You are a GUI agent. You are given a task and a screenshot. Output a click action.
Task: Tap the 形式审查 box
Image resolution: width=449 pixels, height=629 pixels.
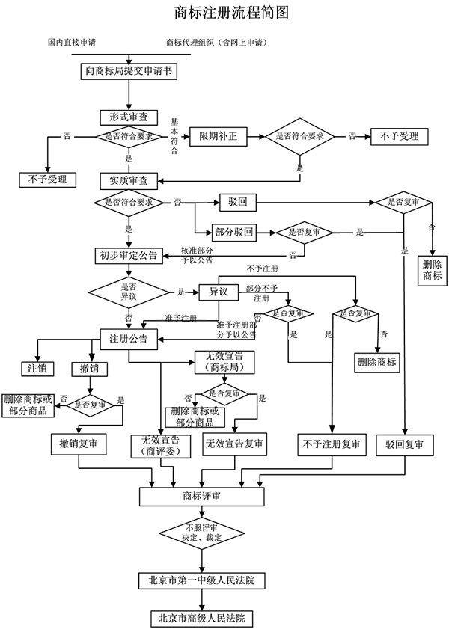[129, 117]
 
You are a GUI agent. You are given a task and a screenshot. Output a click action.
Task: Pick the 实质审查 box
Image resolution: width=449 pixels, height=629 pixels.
[129, 180]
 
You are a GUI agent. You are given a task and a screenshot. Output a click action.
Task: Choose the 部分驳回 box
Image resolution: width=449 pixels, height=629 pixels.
[234, 232]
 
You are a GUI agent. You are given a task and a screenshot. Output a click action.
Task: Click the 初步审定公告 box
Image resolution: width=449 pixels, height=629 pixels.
[129, 255]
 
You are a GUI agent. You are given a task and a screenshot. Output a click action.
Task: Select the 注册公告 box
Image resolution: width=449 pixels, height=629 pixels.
[129, 338]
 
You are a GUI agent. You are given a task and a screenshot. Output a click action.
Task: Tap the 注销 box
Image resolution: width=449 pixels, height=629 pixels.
[37, 369]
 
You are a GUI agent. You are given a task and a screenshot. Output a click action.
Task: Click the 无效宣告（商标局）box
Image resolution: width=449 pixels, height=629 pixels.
[224, 362]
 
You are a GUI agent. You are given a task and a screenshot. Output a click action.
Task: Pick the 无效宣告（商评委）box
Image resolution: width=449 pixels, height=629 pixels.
[160, 444]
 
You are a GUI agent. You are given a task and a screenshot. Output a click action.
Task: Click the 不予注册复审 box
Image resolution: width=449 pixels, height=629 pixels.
[330, 444]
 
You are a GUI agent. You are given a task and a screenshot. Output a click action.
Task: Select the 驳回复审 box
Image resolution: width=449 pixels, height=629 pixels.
[405, 444]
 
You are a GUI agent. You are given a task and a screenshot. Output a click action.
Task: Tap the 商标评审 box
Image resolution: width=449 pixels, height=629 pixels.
[201, 495]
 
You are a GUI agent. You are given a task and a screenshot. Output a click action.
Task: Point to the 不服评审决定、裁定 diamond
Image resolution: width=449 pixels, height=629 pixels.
[202, 533]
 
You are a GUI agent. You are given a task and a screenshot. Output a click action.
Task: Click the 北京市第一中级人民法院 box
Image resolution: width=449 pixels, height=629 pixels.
[202, 580]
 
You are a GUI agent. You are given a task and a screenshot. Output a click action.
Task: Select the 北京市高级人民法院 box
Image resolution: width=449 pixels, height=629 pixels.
[202, 619]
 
